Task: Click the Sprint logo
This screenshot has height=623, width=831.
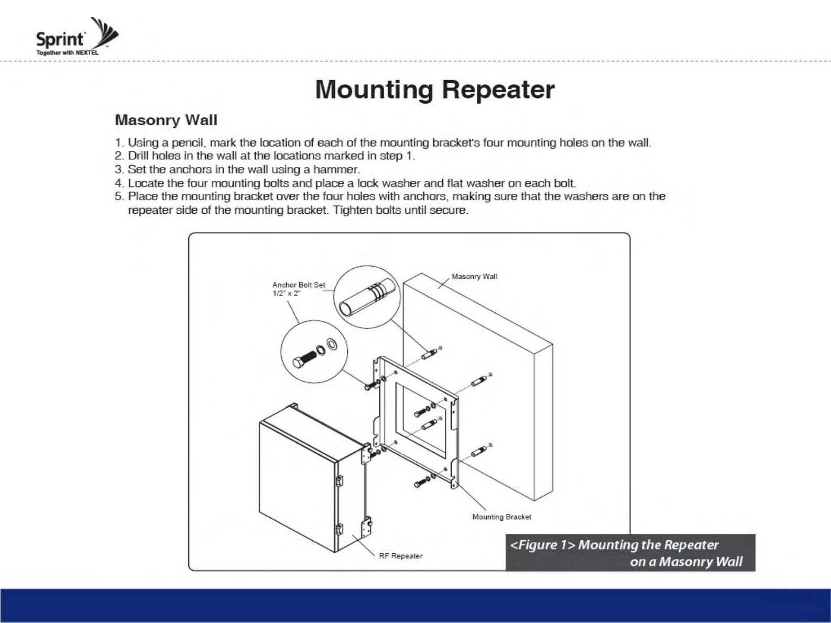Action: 76,37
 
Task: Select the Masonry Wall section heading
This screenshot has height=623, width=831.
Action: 166,120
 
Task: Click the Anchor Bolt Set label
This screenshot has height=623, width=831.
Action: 298,285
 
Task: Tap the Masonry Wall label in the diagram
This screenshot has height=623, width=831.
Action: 474,277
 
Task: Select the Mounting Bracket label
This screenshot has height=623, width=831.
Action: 501,517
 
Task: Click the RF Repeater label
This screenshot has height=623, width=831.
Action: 400,556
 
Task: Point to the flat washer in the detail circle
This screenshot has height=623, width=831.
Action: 332,344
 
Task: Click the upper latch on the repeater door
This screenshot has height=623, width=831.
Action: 338,480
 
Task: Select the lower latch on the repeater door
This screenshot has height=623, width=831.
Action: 338,529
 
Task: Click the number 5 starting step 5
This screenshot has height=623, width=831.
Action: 118,196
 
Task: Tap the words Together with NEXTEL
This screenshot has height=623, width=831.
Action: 67,53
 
